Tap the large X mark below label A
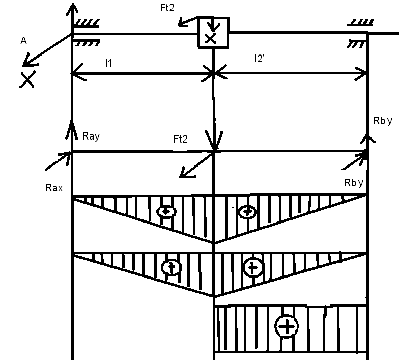pyautogui.click(x=27, y=79)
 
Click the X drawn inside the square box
pyautogui.click(x=210, y=38)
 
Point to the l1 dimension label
pyautogui.click(x=108, y=63)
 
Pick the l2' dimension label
pyautogui.click(x=260, y=59)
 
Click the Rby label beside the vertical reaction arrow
pyautogui.click(x=382, y=121)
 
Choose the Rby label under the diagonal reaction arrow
pyautogui.click(x=355, y=182)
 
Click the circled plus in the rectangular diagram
pyautogui.click(x=288, y=326)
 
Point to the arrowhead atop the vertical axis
pyautogui.click(x=72, y=8)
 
